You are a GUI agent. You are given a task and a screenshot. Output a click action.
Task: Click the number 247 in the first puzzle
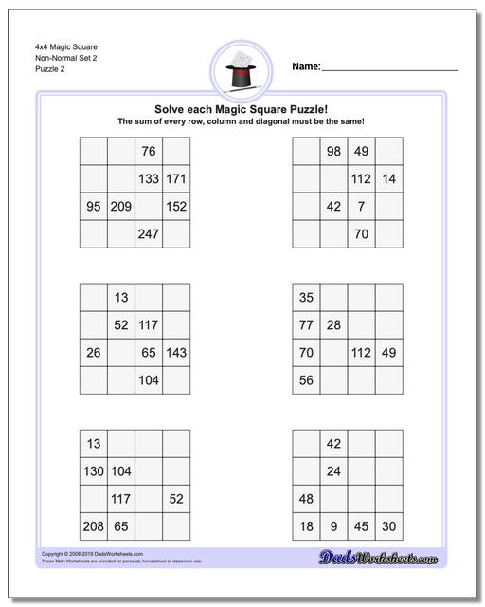149,234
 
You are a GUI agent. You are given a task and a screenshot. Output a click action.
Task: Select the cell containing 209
121,206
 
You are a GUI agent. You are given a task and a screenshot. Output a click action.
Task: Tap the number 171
176,178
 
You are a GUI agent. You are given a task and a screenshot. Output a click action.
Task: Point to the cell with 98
333,151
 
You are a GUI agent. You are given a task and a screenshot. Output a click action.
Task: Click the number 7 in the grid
361,206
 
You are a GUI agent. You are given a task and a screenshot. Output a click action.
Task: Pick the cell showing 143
176,352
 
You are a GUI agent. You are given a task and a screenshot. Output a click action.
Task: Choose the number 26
93,352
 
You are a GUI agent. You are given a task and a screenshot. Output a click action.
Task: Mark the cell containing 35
306,298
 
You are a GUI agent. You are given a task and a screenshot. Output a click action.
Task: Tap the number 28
333,325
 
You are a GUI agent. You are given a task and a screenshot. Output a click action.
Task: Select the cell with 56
306,379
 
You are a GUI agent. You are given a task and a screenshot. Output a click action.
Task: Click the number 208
93,525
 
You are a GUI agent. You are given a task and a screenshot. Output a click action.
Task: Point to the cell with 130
93,470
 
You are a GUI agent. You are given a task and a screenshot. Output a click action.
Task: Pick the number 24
333,470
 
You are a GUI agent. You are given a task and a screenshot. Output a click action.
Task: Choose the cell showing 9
333,525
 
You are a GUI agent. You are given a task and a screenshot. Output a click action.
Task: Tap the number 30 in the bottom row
388,525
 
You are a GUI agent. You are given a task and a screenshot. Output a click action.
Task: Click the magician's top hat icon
242,70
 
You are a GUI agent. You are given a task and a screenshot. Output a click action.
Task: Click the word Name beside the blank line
305,67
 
